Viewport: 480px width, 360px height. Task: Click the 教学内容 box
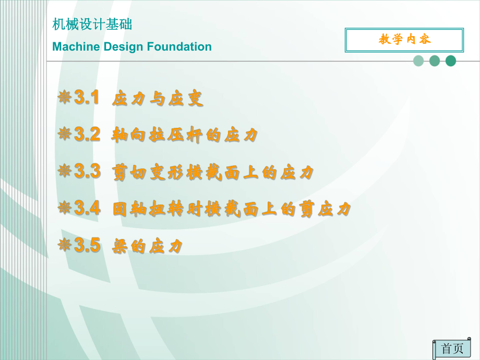point(404,40)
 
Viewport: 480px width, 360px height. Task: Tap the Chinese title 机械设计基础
point(92,25)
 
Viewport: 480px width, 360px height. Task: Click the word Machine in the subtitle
point(76,47)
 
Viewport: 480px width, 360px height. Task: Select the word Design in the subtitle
point(123,47)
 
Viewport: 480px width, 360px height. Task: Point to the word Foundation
point(179,47)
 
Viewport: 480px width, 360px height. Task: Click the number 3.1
point(87,98)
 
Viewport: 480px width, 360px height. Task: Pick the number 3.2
point(87,135)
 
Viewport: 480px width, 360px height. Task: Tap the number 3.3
point(87,171)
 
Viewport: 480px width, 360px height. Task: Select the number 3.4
point(87,208)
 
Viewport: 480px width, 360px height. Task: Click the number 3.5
point(87,245)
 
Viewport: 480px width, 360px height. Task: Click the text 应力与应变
point(158,99)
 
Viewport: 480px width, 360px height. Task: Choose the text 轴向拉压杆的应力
point(185,136)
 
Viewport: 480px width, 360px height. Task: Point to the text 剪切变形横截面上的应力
point(213,173)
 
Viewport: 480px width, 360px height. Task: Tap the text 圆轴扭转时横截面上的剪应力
point(232,210)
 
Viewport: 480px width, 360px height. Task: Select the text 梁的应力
point(148,247)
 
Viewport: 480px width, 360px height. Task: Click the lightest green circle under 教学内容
point(418,61)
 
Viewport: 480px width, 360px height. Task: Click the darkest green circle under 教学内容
point(451,61)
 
